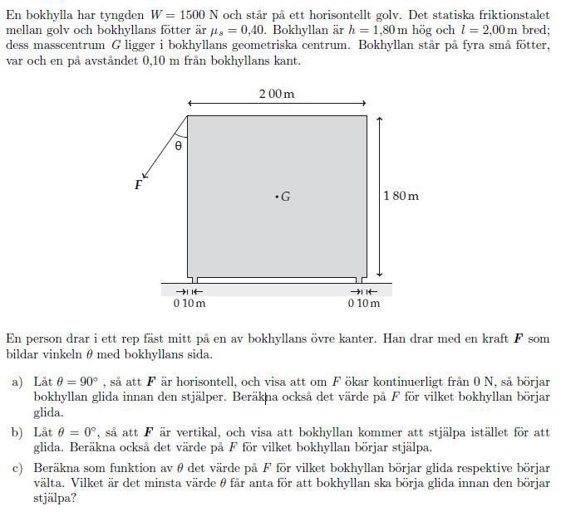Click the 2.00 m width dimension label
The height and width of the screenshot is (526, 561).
point(276,94)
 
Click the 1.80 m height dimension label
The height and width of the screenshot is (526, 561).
point(401,196)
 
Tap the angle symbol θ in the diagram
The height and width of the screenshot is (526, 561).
point(178,146)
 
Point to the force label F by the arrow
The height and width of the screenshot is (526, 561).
point(138,186)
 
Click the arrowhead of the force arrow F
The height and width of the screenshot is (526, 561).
point(145,175)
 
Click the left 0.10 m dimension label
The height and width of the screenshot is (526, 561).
point(189,303)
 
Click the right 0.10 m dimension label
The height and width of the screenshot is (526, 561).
point(363,303)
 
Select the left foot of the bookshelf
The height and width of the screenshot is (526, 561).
point(191,280)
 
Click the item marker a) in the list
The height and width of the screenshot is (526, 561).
point(17,382)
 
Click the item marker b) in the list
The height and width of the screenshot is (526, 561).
point(17,432)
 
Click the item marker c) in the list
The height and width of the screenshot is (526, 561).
point(17,468)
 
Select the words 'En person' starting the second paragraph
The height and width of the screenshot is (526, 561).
point(32,338)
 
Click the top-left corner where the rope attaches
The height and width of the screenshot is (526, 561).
point(187,116)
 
